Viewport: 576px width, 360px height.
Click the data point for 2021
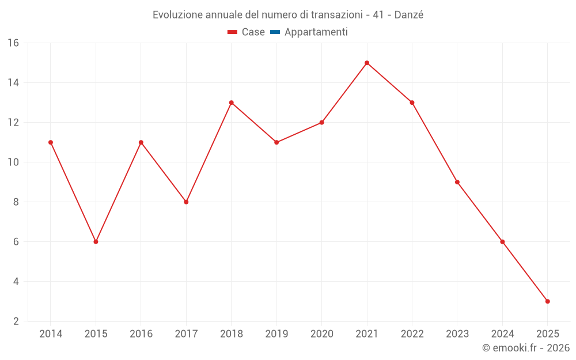coord(367,63)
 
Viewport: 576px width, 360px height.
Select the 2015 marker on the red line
coord(96,242)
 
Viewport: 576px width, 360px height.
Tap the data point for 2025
coord(547,301)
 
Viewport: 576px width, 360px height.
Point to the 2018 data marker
coord(231,103)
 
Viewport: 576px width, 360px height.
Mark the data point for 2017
coord(186,202)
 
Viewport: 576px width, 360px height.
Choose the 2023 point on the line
coord(457,182)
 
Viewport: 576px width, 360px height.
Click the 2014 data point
coord(51,142)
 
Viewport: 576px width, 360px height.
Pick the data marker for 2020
coord(321,123)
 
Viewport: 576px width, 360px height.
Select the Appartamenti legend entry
coord(316,32)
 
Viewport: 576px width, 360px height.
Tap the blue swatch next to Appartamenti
coord(275,32)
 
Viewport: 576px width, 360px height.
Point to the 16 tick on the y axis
coord(13,43)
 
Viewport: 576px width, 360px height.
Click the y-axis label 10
coord(13,162)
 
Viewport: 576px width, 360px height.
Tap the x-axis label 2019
coord(276,334)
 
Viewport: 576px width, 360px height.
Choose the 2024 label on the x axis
coord(502,334)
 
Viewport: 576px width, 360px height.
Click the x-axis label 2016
coord(141,334)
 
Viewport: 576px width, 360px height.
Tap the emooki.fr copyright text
coord(526,348)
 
